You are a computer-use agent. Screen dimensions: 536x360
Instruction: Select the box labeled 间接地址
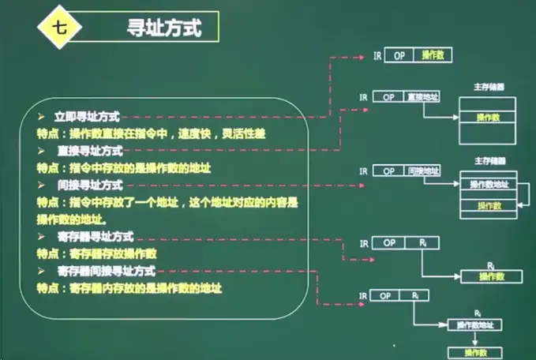coord(421,171)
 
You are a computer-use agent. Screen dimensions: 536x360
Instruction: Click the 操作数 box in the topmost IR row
coord(433,56)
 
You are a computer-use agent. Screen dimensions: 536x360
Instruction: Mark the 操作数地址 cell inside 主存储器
coord(489,185)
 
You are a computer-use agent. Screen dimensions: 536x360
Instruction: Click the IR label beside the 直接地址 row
coord(364,96)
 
